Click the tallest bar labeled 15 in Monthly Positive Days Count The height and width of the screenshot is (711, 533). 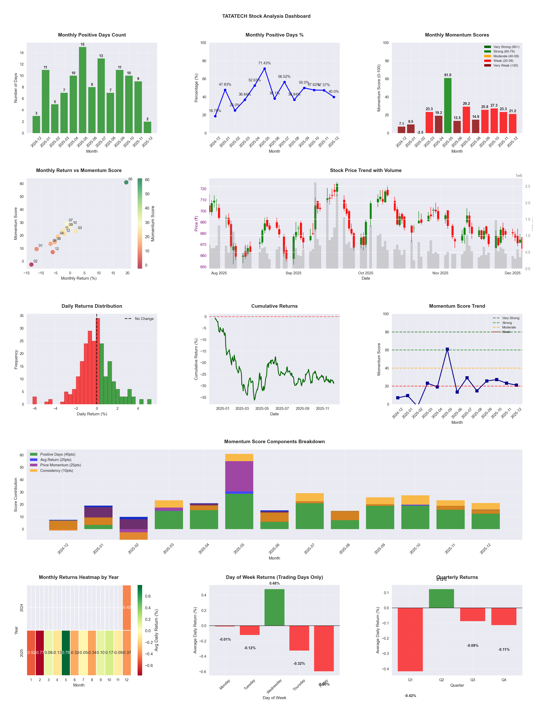coord(83,90)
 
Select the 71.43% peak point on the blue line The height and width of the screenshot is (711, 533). coord(264,69)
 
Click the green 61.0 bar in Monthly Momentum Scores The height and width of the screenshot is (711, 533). coord(448,105)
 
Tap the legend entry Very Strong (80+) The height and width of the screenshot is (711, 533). coord(506,47)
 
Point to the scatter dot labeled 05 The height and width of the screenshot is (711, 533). coord(126,182)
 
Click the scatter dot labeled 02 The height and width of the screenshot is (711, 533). coord(31,264)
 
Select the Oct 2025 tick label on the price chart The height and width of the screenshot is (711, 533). coord(366,273)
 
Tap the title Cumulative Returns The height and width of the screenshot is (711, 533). coord(274,306)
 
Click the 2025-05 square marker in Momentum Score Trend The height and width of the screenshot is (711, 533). coord(447,349)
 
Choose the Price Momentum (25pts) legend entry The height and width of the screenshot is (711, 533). coord(60,465)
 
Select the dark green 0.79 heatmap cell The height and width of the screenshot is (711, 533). coord(66,653)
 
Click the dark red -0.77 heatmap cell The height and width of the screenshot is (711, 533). coord(40,653)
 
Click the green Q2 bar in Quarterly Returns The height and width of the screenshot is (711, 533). coord(441,598)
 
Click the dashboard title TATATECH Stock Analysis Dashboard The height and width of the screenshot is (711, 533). coord(266,16)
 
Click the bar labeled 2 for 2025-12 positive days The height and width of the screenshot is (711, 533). coord(147,127)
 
